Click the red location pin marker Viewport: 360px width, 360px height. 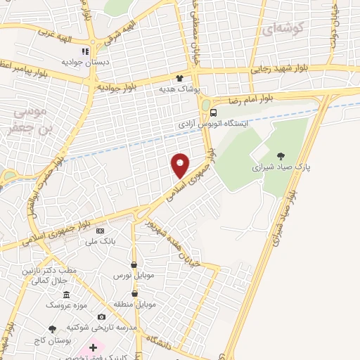coord(181,165)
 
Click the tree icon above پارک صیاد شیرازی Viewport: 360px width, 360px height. coord(282,156)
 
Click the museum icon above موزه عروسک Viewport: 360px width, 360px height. coord(66,295)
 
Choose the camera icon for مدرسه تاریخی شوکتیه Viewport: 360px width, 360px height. coord(102,317)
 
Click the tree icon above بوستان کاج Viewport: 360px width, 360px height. coord(52,328)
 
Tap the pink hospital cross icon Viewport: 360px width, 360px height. coord(92,348)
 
